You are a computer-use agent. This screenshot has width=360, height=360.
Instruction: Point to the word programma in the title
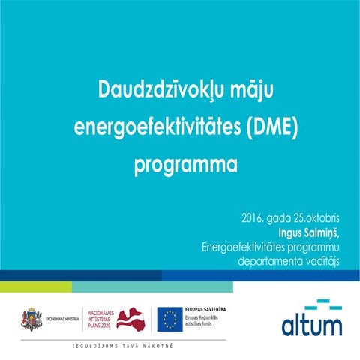click(x=185, y=164)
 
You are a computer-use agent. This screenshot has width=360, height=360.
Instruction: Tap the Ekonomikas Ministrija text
click(x=62, y=319)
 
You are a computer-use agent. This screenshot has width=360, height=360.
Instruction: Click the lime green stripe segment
click(x=35, y=286)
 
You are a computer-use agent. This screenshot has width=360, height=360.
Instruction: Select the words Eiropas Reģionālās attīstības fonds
click(x=208, y=322)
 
